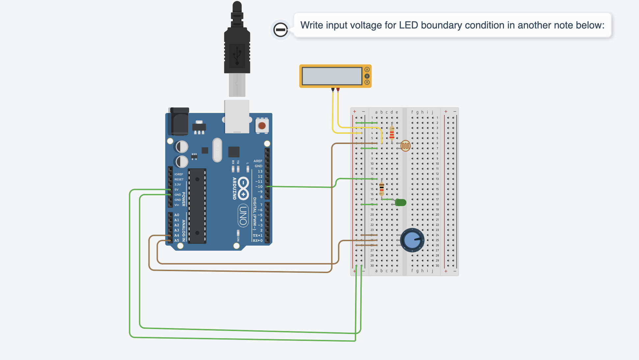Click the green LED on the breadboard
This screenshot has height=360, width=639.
click(x=401, y=202)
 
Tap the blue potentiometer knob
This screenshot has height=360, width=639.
click(x=412, y=240)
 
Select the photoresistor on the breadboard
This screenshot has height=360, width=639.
click(x=405, y=146)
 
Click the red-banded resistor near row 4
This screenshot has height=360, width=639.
click(x=392, y=133)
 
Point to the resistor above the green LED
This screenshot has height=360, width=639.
click(x=381, y=189)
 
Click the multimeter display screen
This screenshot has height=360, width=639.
click(x=332, y=76)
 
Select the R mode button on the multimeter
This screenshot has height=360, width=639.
click(x=367, y=82)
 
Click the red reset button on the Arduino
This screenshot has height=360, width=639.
click(x=262, y=125)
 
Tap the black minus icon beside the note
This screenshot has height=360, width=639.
click(x=280, y=30)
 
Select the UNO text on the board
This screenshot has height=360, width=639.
click(x=243, y=215)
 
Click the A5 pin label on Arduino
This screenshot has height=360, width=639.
click(x=177, y=240)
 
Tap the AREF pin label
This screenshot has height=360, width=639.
click(x=258, y=161)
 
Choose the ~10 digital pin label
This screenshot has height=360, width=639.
click(x=259, y=187)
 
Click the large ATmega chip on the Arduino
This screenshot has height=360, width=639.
click(x=197, y=206)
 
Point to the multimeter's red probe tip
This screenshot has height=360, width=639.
click(x=338, y=90)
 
